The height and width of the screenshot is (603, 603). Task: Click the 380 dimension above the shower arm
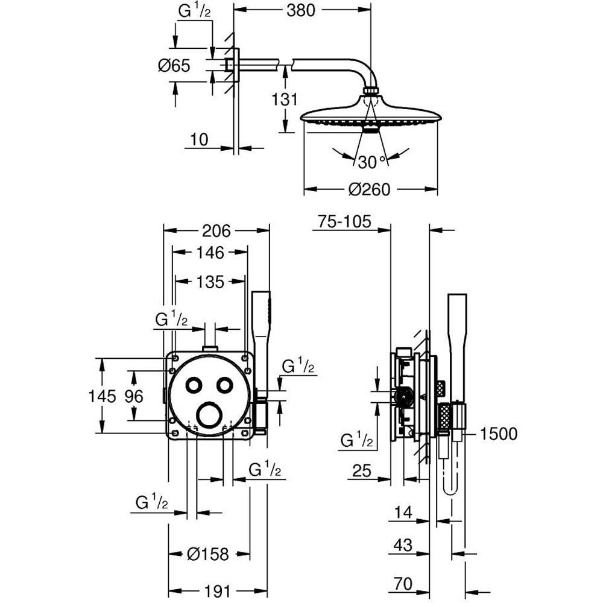click(x=301, y=11)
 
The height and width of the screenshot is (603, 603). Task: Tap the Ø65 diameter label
click(x=174, y=66)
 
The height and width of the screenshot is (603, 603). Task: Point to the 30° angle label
click(x=371, y=162)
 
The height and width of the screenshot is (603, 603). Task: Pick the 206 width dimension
click(x=216, y=230)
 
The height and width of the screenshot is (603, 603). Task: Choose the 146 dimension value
click(x=209, y=253)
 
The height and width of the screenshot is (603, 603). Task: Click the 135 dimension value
click(x=209, y=282)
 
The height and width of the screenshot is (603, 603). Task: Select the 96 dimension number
click(x=134, y=396)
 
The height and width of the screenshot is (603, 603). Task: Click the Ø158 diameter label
click(x=207, y=554)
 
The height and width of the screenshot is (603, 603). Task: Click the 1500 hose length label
click(x=499, y=434)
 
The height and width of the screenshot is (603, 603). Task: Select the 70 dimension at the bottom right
click(x=403, y=583)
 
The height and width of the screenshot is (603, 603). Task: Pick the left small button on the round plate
click(x=194, y=385)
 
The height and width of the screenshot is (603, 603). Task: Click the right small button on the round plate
click(x=225, y=385)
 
